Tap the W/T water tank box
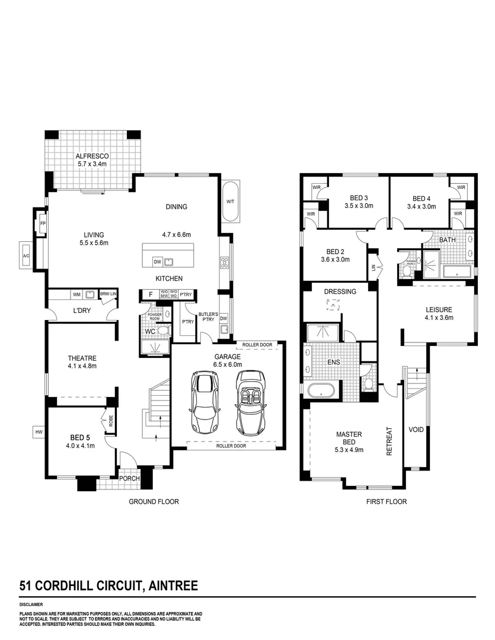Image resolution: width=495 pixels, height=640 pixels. click(231, 201)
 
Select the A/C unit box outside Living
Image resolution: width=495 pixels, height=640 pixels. click(26, 255)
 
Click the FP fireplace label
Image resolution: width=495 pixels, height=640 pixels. click(43, 224)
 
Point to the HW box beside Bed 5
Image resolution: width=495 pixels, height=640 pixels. click(39, 433)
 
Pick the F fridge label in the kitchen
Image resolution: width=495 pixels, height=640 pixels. click(151, 294)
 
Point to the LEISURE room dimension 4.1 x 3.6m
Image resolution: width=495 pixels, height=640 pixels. click(439, 318)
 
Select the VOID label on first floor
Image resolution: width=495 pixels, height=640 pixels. click(416, 429)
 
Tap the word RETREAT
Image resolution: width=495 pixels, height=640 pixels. click(389, 441)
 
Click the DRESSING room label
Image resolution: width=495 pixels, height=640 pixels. click(340, 292)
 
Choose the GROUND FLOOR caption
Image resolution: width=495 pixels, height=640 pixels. click(154, 501)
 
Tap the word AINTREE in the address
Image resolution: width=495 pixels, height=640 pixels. click(173, 586)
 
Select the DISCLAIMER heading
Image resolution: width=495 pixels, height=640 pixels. click(31, 604)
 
